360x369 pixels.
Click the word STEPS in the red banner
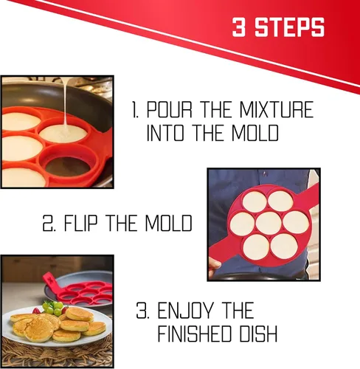coord(289,27)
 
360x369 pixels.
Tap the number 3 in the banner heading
coord(239,27)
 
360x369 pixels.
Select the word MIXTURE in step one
coord(277,110)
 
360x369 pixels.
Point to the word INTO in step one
coord(165,133)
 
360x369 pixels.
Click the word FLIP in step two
coord(80,223)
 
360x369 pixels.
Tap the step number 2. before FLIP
coord(49,223)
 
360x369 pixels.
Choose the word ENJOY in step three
coord(184,311)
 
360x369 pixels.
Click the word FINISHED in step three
coord(194,334)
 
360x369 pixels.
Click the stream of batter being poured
coord(65,103)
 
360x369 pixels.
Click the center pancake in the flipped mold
coord(269,224)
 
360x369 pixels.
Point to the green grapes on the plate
coord(52,308)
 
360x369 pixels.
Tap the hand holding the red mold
coord(215,264)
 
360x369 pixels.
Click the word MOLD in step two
coord(168,223)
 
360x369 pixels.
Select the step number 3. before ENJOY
coord(142,311)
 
